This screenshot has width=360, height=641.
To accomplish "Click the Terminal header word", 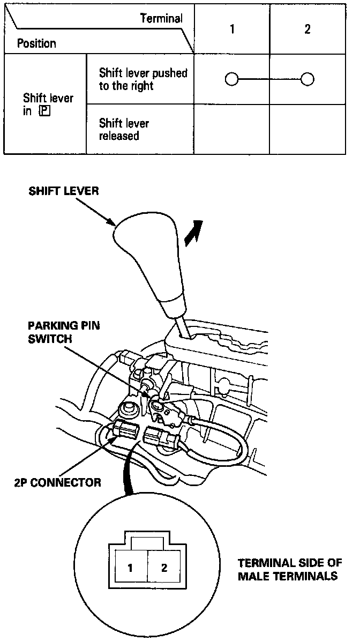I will [161, 19].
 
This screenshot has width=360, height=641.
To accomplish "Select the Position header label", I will [36, 43].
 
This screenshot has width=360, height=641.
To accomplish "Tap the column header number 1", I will [232, 29].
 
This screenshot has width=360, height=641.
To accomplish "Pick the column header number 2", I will [307, 29].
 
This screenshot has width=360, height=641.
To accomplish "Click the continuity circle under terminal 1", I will [231, 80].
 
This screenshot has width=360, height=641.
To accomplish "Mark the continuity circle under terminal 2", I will [307, 80].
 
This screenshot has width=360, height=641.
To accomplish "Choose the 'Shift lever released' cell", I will [124, 130].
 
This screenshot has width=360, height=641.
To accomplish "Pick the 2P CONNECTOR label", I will [57, 482].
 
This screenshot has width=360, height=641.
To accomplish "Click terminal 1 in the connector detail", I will [131, 568].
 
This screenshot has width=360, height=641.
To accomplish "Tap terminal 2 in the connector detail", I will [163, 568].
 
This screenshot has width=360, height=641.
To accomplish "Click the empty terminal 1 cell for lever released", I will [231, 130].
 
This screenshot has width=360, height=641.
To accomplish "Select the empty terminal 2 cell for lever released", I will [307, 130].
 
